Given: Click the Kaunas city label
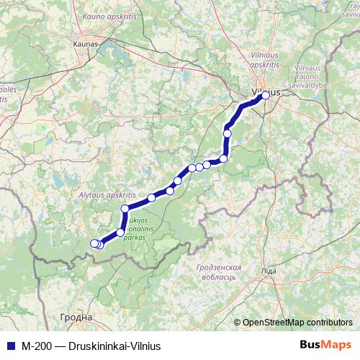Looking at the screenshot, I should (84, 43).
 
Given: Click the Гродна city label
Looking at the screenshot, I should (77, 317).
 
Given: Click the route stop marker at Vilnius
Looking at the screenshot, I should (265, 95).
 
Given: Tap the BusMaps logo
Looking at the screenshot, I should (325, 345).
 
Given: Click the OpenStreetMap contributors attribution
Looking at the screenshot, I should (297, 322).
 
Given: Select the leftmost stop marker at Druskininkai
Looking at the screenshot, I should (93, 243).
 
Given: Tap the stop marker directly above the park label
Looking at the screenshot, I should (125, 209).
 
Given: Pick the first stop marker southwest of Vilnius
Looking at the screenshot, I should (228, 132).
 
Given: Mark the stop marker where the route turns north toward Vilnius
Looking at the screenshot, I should (223, 158).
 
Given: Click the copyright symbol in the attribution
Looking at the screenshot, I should (238, 322).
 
